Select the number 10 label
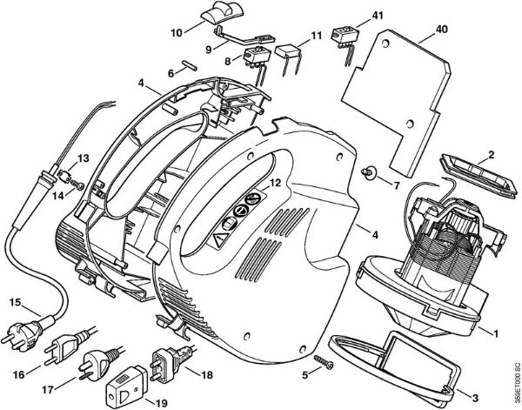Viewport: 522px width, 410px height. tap(177, 32)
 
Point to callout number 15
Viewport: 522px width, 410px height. tap(14, 303)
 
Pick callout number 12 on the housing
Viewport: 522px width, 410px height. tap(274, 184)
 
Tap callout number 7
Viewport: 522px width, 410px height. tap(397, 186)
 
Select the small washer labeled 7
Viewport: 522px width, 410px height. tap(371, 175)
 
